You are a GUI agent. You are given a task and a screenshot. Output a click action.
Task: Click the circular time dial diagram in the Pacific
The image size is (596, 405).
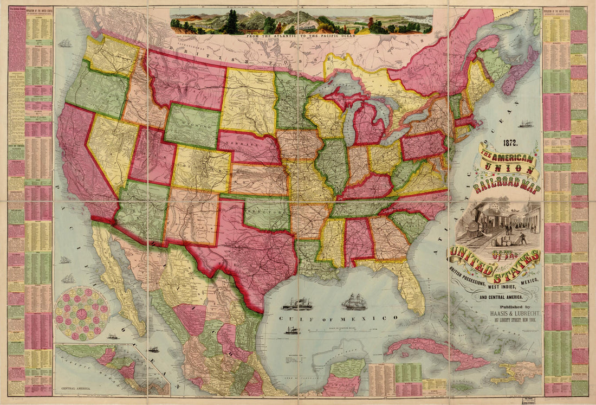[82, 314]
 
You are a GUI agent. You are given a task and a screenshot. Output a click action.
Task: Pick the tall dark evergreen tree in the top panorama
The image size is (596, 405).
[232, 22]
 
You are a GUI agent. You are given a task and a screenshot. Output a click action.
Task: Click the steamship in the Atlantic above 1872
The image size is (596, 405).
[525, 124]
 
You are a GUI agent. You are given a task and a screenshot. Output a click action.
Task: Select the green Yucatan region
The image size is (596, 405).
[347, 369]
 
